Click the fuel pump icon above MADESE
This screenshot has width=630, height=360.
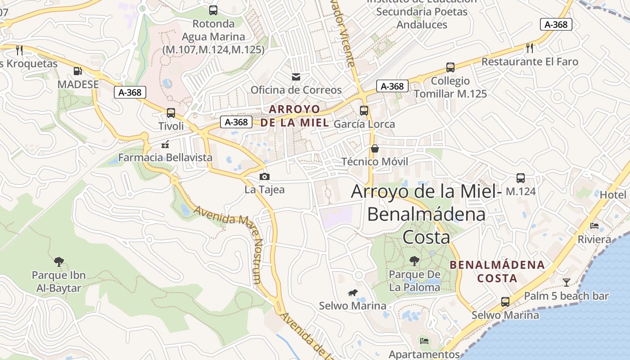78,71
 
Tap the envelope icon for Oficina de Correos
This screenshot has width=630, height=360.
296,76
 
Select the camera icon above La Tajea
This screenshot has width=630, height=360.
265,176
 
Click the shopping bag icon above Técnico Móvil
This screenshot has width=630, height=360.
374,148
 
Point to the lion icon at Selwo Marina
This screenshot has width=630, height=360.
352,293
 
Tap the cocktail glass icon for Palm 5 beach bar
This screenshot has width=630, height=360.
566,283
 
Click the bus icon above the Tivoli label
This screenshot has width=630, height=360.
171,113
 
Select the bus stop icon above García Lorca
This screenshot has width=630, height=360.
364,111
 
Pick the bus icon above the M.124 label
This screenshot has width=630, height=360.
521,178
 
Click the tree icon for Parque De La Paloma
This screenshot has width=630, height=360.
414,261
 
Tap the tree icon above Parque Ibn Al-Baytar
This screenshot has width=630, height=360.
58,261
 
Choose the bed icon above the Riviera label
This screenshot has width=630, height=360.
594,226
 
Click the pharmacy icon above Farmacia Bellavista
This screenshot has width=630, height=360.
165,144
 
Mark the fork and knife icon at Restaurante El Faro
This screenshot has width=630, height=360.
530,48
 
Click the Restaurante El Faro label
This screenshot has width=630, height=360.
530,62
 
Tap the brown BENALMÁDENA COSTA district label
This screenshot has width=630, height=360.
497,271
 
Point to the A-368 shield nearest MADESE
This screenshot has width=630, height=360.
130,93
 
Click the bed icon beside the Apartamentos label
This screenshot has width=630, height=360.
424,341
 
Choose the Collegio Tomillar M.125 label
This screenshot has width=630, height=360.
450,87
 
